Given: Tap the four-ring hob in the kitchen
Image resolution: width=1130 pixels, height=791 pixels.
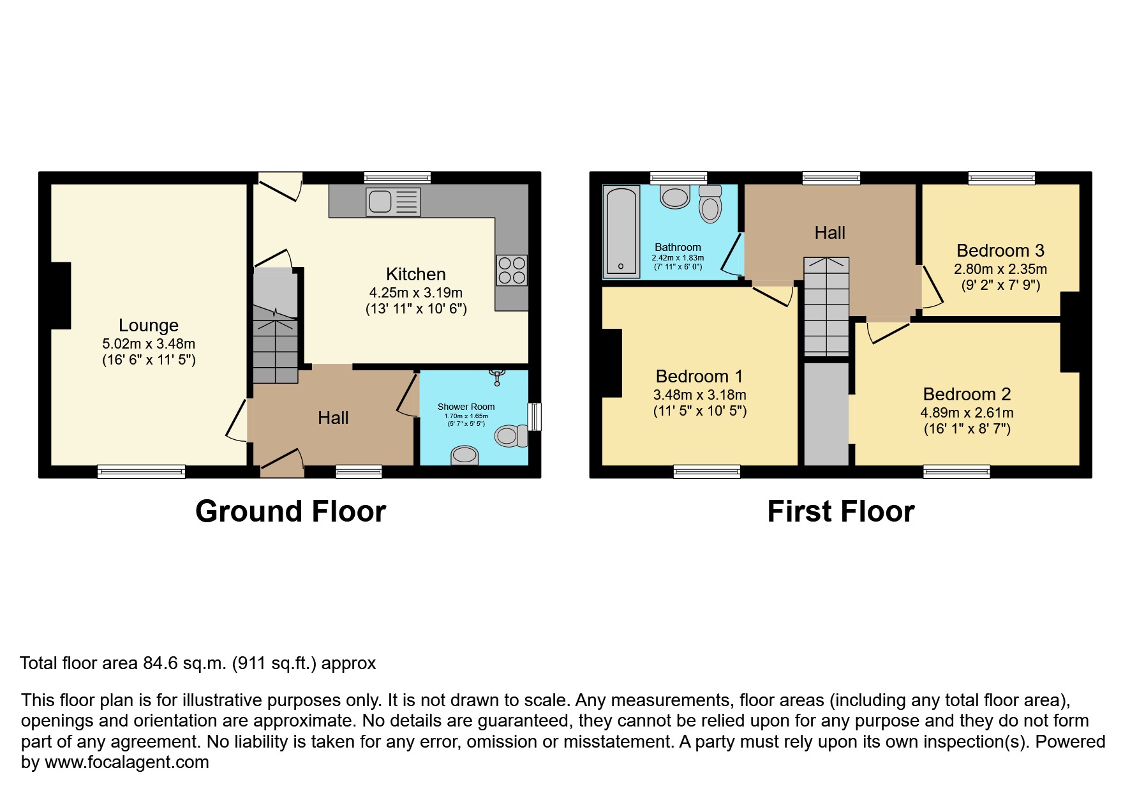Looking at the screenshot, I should click(x=512, y=270).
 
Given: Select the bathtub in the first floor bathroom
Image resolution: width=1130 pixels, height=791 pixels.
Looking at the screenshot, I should click(x=621, y=231).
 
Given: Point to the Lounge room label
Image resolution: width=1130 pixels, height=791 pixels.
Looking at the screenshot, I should click(x=149, y=325).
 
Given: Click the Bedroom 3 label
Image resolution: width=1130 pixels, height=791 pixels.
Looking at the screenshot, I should click(x=1000, y=250).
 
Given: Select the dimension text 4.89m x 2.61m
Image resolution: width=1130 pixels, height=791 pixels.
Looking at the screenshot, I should click(x=967, y=412).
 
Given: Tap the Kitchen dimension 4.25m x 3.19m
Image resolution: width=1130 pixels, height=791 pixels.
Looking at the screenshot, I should click(x=415, y=292).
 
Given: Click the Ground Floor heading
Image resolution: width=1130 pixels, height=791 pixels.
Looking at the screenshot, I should click(x=290, y=511).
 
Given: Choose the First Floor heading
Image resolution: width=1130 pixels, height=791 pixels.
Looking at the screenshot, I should click(x=840, y=511).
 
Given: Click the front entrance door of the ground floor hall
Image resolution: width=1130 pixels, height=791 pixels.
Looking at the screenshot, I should click(x=281, y=464).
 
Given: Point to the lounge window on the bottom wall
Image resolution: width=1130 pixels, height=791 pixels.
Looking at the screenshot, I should click(x=141, y=472).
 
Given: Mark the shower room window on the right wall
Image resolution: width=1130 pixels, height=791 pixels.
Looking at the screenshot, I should click(x=536, y=417).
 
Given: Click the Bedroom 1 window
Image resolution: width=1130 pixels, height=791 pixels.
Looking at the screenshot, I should click(x=706, y=472).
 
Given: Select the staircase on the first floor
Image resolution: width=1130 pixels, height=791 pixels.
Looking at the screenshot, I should click(x=826, y=306).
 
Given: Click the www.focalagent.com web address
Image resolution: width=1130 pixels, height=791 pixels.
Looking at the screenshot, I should click(x=127, y=762).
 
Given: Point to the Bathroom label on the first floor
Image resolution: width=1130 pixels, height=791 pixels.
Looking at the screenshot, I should click(x=678, y=247).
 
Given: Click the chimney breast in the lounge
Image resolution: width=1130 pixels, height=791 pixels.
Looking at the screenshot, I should click(x=61, y=296).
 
